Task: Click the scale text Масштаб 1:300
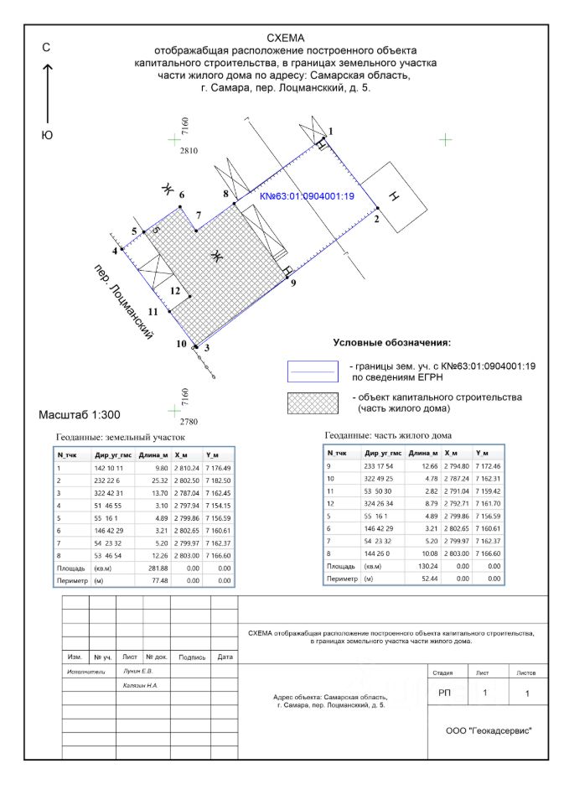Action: pos(80,415)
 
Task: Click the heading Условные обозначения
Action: pos(392,343)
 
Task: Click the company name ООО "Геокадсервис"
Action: pos(489,730)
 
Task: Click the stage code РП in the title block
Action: pos(444,693)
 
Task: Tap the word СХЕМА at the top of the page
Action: pos(286,38)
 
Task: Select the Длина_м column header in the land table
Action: pos(153,454)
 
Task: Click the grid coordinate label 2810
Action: pos(188,151)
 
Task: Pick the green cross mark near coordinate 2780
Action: pos(174,410)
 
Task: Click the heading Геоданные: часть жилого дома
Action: pos(387,435)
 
